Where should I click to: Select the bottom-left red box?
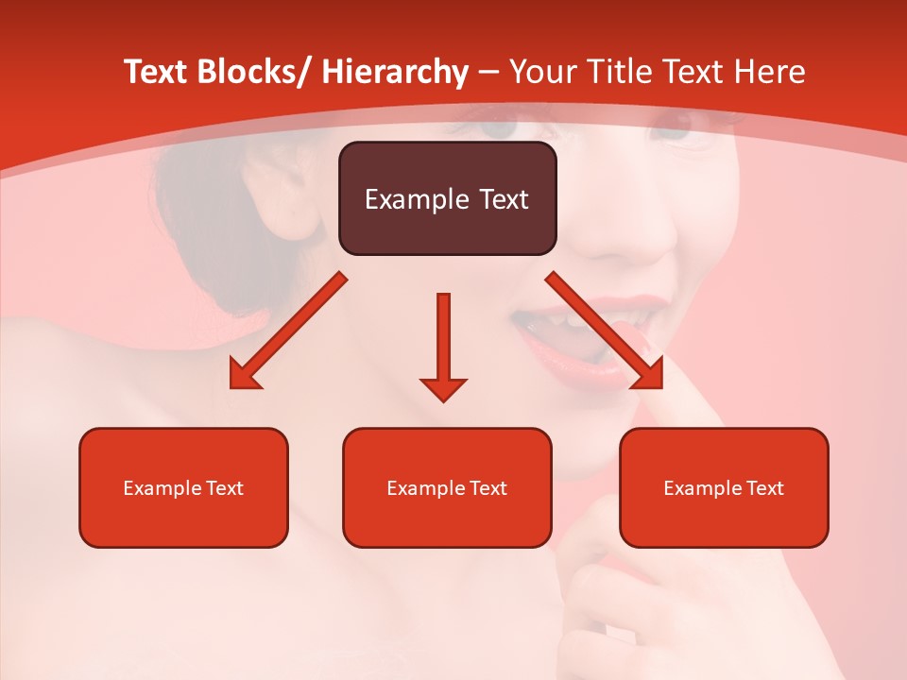click(x=183, y=487)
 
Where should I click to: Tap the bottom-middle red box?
click(x=447, y=487)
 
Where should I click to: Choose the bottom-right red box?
click(x=724, y=487)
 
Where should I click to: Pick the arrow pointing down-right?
click(x=605, y=331)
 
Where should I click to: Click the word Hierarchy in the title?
click(x=395, y=72)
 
